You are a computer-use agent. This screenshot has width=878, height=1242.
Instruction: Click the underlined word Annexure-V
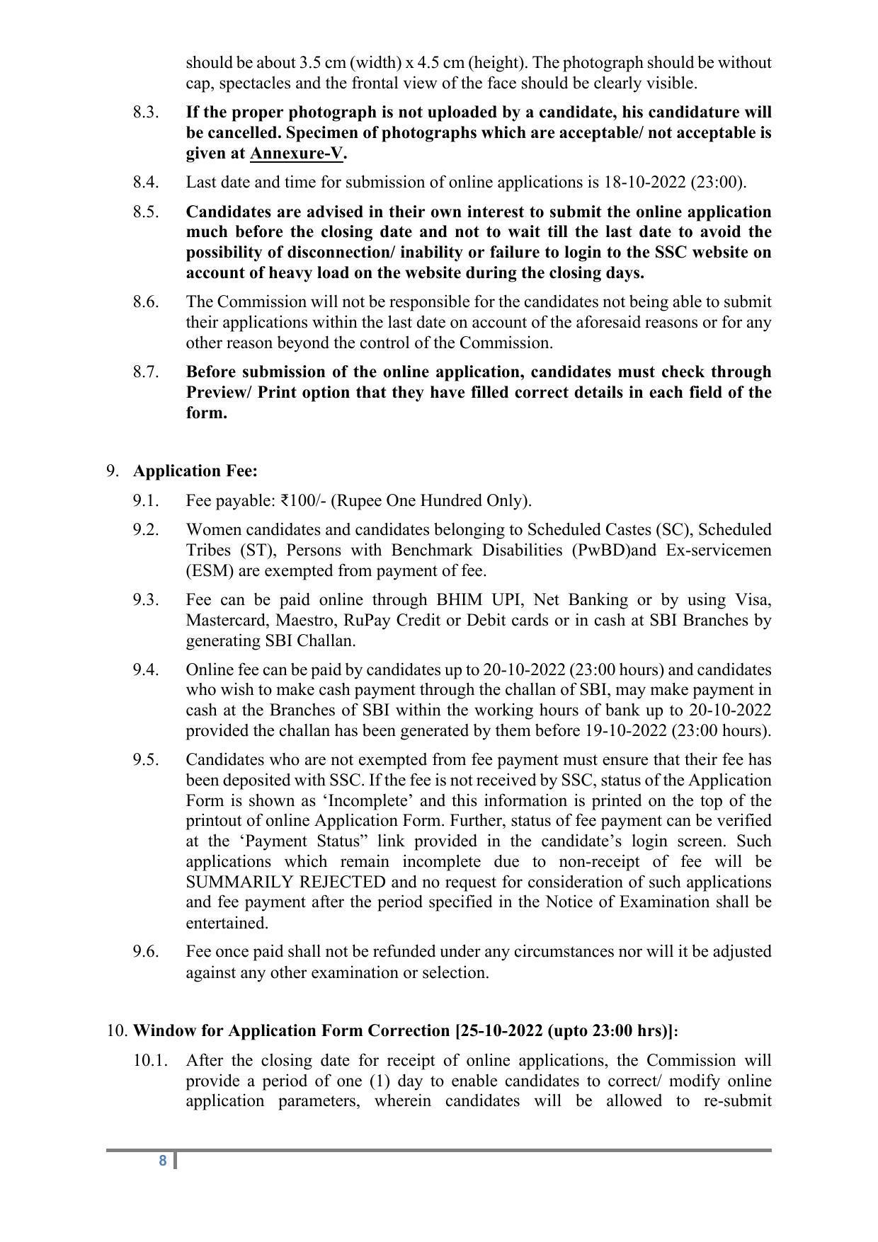pyautogui.click(x=296, y=154)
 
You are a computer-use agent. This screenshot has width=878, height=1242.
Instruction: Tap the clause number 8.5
pyautogui.click(x=145, y=212)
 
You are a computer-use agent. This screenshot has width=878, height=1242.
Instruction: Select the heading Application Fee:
pyautogui.click(x=195, y=471)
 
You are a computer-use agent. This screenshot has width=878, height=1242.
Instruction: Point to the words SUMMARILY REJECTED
pyautogui.click(x=285, y=882)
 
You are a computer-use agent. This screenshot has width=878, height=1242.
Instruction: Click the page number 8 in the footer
pyautogui.click(x=163, y=1161)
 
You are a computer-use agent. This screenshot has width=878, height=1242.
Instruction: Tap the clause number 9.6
pyautogui.click(x=145, y=952)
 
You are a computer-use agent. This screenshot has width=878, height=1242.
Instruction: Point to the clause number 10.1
pyautogui.click(x=150, y=1061)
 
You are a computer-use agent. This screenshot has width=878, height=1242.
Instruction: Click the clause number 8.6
pyautogui.click(x=145, y=302)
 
